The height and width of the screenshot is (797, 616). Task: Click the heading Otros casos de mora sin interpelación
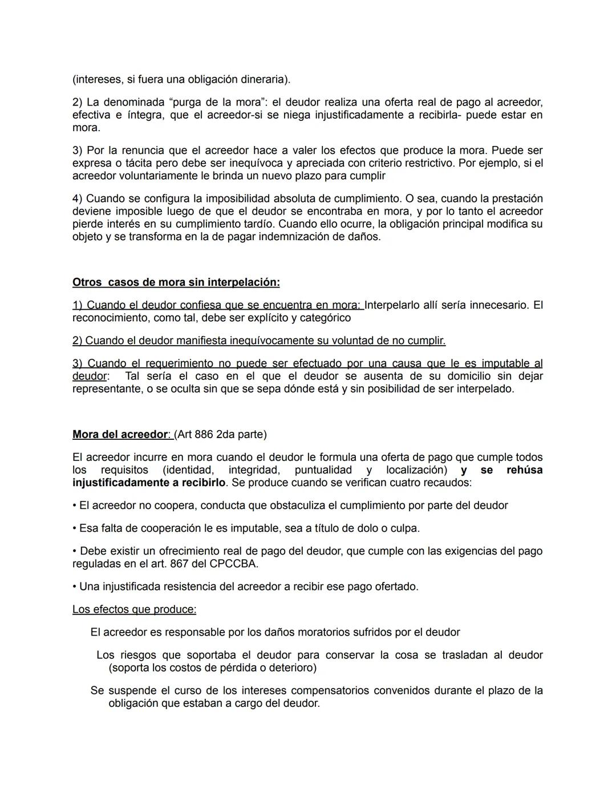pos(176,282)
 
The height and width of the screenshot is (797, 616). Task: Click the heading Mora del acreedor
pos(120,434)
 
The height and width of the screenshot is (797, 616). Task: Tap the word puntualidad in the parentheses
pos(323,470)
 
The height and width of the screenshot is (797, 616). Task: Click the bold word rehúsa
pos(524,470)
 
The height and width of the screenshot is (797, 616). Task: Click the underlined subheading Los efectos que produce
pos(134,609)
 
